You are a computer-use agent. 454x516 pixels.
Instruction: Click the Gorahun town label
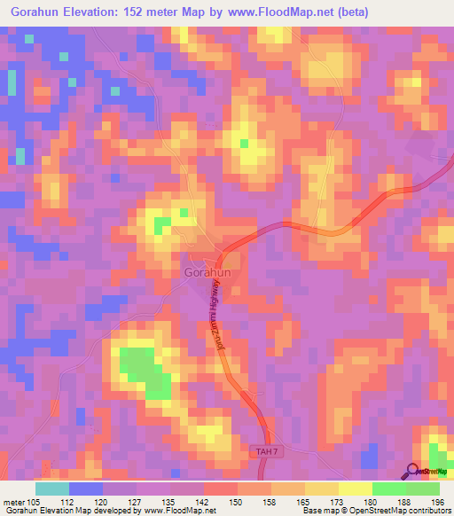tap(208, 273)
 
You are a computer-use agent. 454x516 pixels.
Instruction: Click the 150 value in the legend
tap(237, 501)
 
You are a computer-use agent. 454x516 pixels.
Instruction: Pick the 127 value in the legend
tap(137, 501)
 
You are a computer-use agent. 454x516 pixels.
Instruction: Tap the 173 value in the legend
tap(337, 501)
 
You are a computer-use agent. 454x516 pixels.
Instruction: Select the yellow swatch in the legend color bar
tap(355, 489)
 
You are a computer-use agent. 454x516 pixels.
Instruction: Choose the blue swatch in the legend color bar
tap(86, 489)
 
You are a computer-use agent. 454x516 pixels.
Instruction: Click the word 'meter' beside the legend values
tap(14, 501)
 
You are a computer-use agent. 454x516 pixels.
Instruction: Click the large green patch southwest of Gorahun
tap(144, 370)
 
